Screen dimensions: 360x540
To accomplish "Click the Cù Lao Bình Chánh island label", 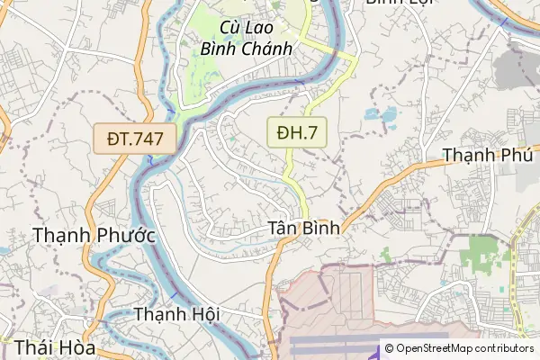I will coord(247,38).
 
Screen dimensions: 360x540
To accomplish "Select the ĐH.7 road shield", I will coord(297,133).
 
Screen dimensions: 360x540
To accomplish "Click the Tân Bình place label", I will coord(304,228).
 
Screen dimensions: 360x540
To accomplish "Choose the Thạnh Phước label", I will coord(94,236).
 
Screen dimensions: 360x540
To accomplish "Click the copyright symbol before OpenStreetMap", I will coord(388,348).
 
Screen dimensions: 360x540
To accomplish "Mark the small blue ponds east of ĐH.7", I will coord(381,115).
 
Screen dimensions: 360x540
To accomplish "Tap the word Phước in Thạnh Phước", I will coord(124,236).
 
